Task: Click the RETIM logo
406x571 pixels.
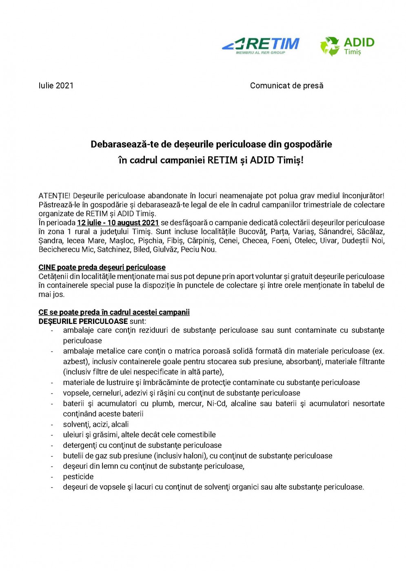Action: (261, 45)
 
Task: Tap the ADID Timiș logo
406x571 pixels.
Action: (347, 46)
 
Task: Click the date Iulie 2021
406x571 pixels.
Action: (56, 86)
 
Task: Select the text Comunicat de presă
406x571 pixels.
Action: (286, 86)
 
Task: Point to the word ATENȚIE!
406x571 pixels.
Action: (54, 196)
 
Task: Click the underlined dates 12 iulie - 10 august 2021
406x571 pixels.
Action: (118, 223)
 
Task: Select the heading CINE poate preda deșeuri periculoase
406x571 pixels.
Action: (102, 268)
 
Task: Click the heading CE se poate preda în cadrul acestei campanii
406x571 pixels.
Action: (114, 312)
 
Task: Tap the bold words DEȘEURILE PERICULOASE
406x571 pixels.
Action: (83, 321)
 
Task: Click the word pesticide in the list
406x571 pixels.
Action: (78, 477)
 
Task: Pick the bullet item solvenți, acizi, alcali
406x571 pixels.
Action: (96, 425)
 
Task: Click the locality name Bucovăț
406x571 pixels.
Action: (252, 232)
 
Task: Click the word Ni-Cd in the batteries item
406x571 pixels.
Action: (217, 404)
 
